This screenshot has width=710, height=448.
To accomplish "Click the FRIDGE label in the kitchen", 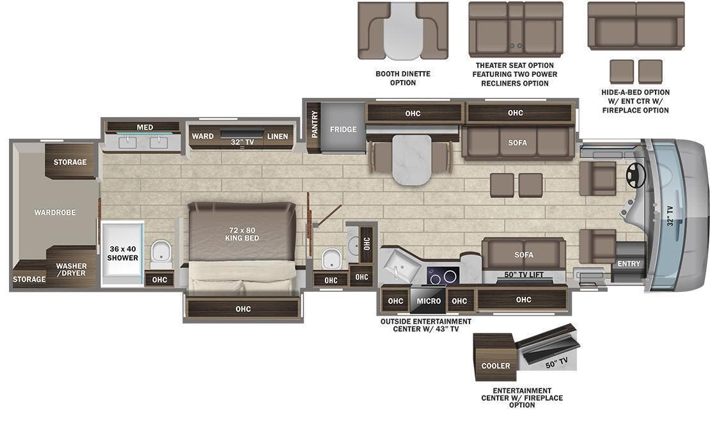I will tap(343, 129).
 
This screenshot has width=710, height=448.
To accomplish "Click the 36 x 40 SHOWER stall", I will tap(123, 253).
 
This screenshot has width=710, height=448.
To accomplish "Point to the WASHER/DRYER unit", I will tap(71, 269).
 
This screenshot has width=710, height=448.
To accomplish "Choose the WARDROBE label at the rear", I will tap(55, 212).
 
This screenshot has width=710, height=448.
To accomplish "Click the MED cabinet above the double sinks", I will tap(145, 127).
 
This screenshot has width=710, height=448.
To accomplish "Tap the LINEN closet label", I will tap(277, 136).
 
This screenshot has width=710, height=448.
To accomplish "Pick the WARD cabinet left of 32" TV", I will tap(203, 136).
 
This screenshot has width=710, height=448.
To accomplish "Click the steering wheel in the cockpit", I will tap(636, 175).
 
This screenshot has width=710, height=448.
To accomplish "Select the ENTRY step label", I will tap(628, 264).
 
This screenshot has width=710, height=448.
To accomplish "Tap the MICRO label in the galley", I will tap(429, 301).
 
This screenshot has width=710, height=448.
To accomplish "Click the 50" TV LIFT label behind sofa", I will tap(524, 275).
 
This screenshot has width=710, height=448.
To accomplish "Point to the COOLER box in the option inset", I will tap(496, 365).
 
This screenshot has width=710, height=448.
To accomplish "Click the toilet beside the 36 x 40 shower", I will tap(161, 253).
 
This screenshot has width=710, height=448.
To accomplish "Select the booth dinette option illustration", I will tap(402, 31).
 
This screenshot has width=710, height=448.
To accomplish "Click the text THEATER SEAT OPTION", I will tap(514, 65).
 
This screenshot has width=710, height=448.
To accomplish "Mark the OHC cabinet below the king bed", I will tap(242, 309).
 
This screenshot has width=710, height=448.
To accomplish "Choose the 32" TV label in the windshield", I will tap(670, 216).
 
